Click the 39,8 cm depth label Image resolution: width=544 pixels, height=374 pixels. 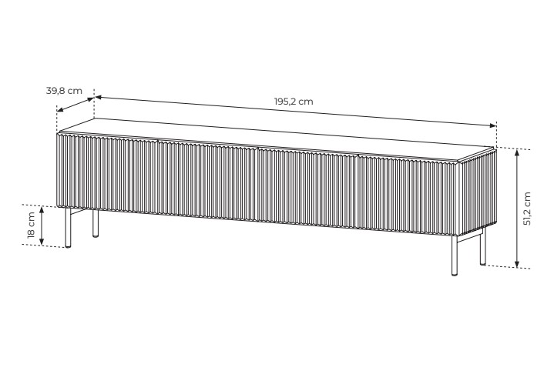pos(64,91)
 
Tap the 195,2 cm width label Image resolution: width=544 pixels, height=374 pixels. pos(294,102)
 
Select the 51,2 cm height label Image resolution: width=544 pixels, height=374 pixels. pos(527,209)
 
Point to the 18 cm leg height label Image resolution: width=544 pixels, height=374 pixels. pos(32,225)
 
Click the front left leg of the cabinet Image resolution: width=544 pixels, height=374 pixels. pos(69,228)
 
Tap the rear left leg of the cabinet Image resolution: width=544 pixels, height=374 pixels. pos(96,223)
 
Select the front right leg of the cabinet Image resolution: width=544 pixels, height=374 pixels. pos(455,255)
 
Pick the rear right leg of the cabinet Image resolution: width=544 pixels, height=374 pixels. pos(483,246)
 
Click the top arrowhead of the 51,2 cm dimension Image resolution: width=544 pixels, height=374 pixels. pos(517,152)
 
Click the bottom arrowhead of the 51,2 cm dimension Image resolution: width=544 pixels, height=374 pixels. pos(517,264)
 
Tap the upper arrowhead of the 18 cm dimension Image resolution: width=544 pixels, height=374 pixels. pos(42,210)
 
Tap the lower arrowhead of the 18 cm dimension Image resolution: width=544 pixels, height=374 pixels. pos(42,241)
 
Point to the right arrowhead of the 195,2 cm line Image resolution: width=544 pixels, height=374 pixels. pos(492,125)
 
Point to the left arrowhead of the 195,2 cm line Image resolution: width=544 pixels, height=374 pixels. pos(99,98)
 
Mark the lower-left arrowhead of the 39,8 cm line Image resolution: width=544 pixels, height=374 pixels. pos(60,110)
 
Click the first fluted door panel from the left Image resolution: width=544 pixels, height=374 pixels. pos(107,175)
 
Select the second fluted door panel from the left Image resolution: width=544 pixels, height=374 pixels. pos(207,182)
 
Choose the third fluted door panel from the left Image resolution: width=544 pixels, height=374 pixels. pos(307,189)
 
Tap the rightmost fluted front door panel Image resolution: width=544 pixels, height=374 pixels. pos(408,195)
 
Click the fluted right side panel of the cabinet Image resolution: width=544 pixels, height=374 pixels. pos(478,192)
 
